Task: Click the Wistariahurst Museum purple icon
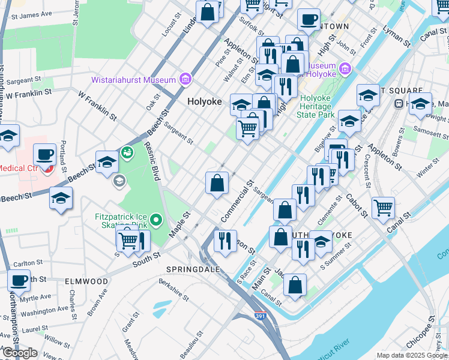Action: pos(185,79)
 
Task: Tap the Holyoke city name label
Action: pos(204,101)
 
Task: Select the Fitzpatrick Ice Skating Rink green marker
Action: pos(156,220)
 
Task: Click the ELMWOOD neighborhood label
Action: pos(87,281)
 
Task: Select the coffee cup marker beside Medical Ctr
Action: pos(45,154)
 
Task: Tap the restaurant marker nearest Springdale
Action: pos(225,241)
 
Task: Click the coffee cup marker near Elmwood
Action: pos(19,280)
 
